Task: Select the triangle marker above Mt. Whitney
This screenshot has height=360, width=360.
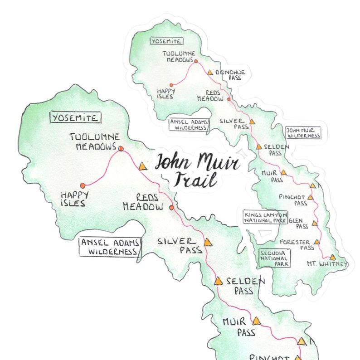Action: pos(332,257)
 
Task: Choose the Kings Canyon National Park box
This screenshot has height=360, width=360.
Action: pos(265,217)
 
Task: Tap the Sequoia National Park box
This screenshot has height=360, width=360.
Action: pos(274,258)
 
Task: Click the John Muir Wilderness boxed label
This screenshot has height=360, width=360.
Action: pos(303,132)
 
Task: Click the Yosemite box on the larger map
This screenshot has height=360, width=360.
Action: pos(75,118)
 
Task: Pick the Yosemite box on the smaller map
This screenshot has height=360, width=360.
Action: pos(166,41)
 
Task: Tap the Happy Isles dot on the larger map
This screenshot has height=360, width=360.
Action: pos(82,185)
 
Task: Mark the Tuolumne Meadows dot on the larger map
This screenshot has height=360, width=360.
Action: pos(121,148)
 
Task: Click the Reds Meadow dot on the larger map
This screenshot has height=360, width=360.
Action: pos(171,208)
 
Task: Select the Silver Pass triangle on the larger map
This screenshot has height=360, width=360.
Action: pos(208,243)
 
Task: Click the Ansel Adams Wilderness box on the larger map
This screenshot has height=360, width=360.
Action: pos(109,246)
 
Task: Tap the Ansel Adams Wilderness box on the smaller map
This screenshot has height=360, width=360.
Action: pos(188,124)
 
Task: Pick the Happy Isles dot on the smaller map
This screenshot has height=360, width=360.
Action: pos(171,85)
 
